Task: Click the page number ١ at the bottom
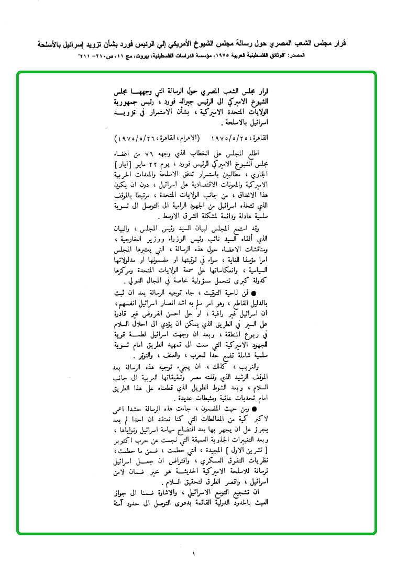point(193,554)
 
